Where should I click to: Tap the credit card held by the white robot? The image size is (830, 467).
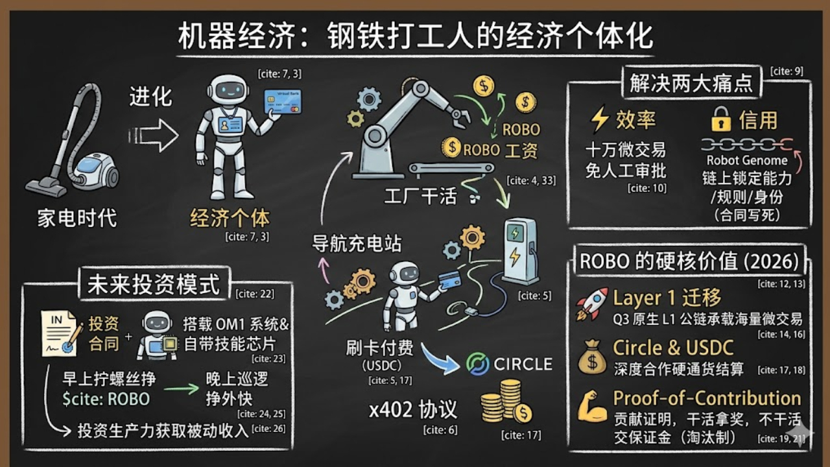click(283, 102)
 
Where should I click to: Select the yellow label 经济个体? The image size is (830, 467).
click(230, 218)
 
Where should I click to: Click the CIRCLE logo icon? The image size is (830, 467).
click(478, 365)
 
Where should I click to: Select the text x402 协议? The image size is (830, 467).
click(413, 409)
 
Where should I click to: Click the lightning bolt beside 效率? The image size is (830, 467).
click(600, 119)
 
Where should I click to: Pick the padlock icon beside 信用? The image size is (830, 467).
click(720, 119)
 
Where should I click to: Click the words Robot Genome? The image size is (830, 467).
click(747, 160)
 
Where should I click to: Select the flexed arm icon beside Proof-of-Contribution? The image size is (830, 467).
click(592, 406)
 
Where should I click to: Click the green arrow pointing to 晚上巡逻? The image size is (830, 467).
click(181, 389)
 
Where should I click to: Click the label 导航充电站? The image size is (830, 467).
click(357, 244)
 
